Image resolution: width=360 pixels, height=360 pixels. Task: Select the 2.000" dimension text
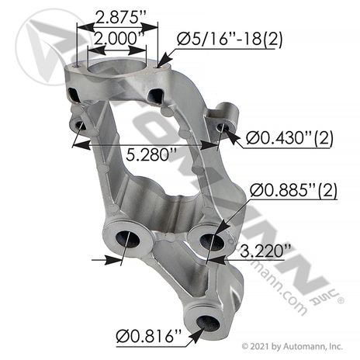118,39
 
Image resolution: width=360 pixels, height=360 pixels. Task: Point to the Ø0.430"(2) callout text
289,138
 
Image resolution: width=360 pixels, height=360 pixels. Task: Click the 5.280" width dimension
151,155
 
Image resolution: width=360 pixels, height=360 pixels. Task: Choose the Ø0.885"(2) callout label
293,191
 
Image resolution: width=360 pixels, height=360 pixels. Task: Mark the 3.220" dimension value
265,251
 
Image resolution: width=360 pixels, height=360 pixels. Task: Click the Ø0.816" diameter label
148,337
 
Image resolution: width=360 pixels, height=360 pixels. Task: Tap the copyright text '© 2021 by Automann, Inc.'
292,346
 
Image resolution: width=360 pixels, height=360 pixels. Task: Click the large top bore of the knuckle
117,66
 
